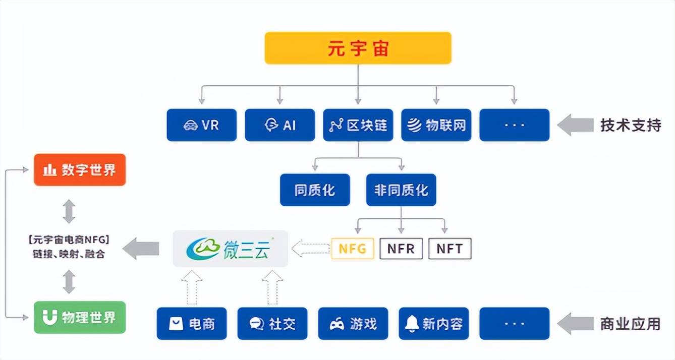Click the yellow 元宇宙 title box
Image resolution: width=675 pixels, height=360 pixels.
click(358, 48)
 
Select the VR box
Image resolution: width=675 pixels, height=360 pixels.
click(201, 125)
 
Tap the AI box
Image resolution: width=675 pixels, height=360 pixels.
click(280, 125)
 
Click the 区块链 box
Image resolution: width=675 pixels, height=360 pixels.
click(358, 125)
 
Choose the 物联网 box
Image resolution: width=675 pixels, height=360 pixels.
click(436, 125)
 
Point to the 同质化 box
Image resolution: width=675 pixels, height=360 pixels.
click(315, 190)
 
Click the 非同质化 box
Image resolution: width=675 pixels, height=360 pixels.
click(401, 190)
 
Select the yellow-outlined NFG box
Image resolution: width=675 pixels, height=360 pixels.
click(352, 249)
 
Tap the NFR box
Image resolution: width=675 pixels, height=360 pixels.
click(401, 249)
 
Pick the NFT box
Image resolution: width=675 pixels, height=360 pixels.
click(449, 249)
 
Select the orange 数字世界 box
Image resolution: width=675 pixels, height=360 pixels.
click(80, 170)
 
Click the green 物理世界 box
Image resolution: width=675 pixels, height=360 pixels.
click(80, 318)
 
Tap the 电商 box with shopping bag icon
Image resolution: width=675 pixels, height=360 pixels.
click(192, 324)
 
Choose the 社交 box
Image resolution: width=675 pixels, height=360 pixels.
click(272, 324)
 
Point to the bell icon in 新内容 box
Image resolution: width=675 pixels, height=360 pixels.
click(412, 323)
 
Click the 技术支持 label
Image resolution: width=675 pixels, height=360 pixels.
click(630, 125)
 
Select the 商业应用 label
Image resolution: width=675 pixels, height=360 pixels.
click(630, 324)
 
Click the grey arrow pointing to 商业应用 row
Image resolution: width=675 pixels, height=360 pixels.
click(575, 324)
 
